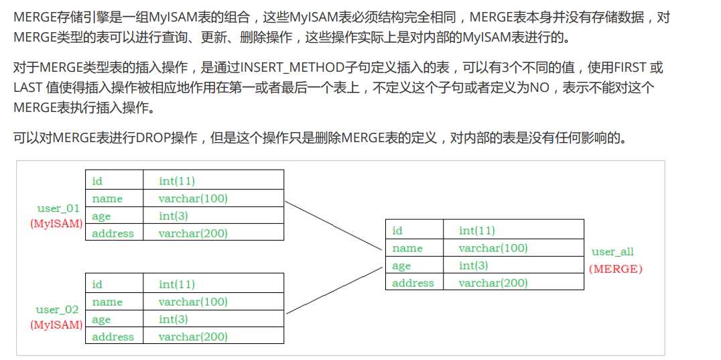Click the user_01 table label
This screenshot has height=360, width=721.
coord(58,208)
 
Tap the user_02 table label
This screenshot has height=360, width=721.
coord(57,310)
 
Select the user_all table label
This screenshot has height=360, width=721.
coord(612,252)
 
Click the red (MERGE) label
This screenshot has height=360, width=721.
coord(615,269)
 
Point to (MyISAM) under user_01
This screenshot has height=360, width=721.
coord(56,224)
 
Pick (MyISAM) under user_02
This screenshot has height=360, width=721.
coord(56,325)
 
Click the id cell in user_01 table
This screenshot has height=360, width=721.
coord(98,181)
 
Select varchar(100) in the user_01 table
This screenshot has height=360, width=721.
coord(193,198)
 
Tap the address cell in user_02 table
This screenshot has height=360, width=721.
coord(113,337)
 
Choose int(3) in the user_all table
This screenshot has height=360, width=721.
coord(473,265)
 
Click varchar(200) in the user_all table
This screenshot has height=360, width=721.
coord(493,283)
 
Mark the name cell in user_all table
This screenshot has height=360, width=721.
coord(407,248)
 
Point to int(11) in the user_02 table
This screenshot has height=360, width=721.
coord(177,285)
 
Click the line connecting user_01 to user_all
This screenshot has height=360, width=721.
coord(332,225)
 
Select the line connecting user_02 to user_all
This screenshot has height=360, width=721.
coord(333,290)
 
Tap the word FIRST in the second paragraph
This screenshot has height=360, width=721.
coord(631,68)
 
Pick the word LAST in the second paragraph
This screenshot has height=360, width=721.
coord(27,88)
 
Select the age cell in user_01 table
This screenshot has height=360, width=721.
coord(101,216)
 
